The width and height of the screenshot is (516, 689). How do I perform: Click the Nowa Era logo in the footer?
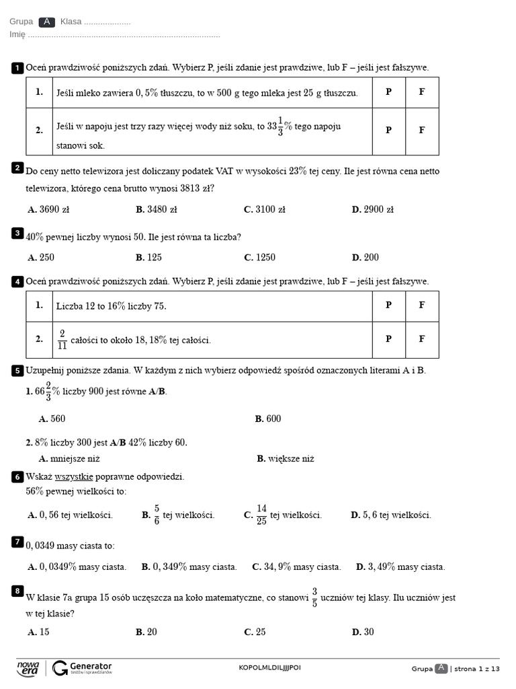tap(28, 667)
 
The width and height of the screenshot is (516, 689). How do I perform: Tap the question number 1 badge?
tap(17, 68)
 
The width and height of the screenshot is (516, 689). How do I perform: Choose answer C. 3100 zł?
tap(265, 209)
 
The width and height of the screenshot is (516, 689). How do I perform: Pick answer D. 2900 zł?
tap(372, 209)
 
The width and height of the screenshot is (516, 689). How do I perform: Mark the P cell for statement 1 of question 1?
tap(388, 92)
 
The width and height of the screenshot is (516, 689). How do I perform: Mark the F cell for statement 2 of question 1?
tap(422, 131)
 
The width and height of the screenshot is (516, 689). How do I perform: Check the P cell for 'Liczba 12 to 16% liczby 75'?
tap(388, 305)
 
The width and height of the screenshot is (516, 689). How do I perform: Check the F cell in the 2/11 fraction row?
tap(422, 339)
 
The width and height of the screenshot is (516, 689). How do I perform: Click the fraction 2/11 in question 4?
tap(62, 340)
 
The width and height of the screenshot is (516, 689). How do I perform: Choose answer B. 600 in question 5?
tap(268, 419)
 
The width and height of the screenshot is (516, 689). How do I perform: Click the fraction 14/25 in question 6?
tap(261, 515)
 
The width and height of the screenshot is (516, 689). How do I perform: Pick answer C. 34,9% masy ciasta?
tap(296, 567)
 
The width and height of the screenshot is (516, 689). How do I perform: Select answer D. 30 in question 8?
tap(363, 632)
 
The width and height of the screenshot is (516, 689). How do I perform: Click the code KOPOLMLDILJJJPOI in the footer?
tap(269, 667)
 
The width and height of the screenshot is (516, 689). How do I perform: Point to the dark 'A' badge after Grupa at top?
tap(46, 22)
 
